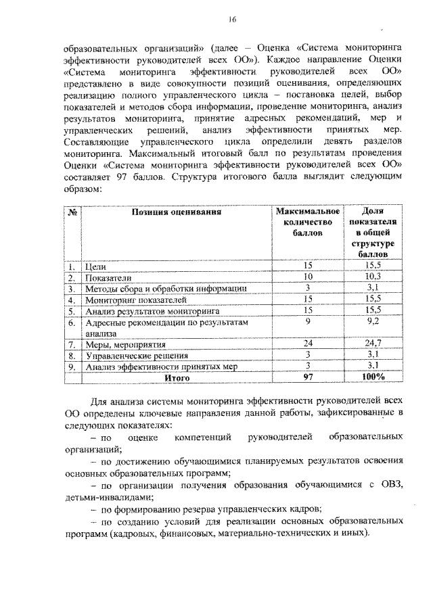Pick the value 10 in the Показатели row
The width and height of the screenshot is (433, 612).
click(307, 277)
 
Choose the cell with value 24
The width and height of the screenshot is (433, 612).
click(307, 344)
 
